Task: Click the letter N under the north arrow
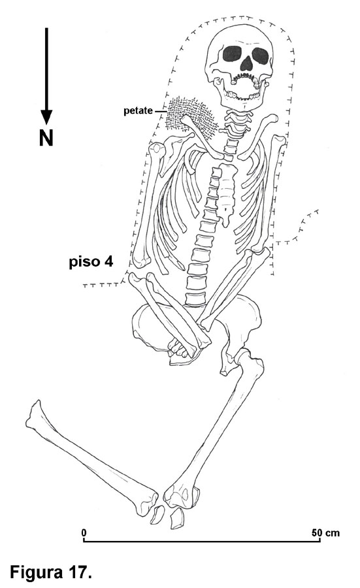(46, 138)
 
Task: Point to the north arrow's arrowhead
(46, 117)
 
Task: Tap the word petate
(138, 111)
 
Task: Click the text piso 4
(91, 261)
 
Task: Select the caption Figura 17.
(51, 572)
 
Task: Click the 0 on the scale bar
(84, 532)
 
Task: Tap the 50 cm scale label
(325, 532)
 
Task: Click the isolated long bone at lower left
(92, 458)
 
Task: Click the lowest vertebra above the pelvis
(195, 299)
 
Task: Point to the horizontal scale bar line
(202, 541)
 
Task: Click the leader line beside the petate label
(161, 111)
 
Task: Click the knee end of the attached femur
(183, 495)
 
